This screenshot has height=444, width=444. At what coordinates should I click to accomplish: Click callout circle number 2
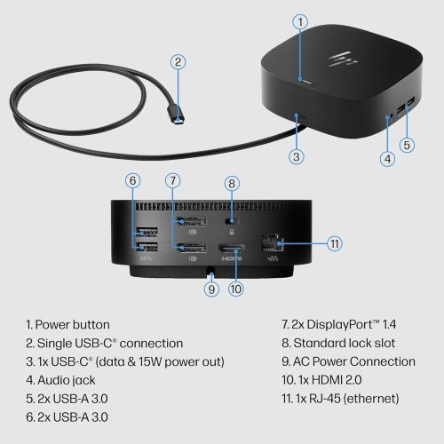178,61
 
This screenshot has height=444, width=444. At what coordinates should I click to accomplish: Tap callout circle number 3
297,155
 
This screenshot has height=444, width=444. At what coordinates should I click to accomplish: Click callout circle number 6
133,180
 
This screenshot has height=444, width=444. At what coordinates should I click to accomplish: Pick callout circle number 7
172,180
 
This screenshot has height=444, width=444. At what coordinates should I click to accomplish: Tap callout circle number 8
232,185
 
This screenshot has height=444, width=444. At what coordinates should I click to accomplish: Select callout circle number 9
210,288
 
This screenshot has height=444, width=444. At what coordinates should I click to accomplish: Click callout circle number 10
236,288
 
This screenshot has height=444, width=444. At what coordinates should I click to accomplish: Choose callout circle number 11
334,242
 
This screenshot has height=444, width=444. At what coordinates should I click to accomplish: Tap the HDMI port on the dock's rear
232,250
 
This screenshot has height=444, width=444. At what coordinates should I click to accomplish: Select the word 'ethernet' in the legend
370,398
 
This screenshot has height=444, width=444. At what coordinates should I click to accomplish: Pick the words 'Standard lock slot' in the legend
350,343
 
